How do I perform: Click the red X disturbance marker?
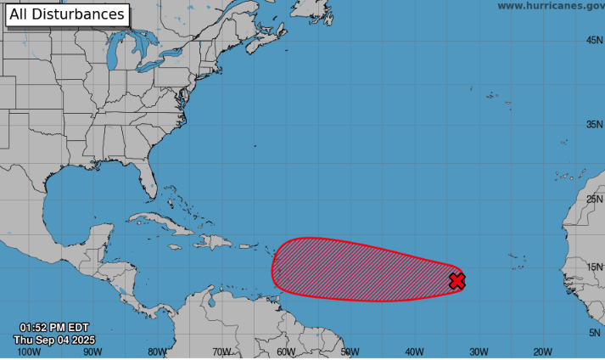[457, 281]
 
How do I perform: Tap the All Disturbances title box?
[67, 14]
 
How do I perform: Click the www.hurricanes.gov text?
[551, 6]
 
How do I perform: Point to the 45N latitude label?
[593, 40]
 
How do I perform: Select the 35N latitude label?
[593, 124]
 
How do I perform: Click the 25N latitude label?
[593, 199]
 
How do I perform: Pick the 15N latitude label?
[593, 267]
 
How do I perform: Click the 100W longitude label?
[28, 352]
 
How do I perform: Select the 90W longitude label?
[92, 352]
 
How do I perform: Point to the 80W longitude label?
[157, 352]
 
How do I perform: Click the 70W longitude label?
[221, 352]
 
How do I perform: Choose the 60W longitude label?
[285, 352]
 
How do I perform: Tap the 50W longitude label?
[350, 352]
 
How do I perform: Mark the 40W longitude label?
[414, 352]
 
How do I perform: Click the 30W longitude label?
[479, 352]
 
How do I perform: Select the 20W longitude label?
[542, 352]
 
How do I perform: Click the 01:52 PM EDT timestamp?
[54, 328]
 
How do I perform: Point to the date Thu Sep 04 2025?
[54, 340]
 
